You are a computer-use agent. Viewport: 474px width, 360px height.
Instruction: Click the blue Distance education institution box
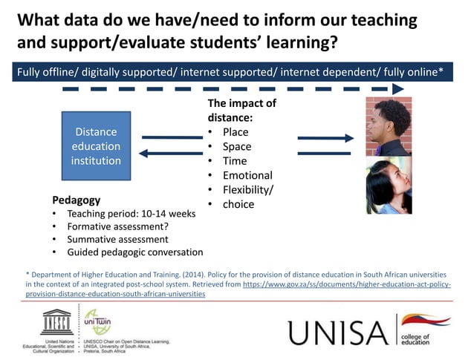coord(96,146)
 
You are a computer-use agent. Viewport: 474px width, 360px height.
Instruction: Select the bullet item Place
coord(236,132)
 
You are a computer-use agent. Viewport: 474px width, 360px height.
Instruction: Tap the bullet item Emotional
coord(247,175)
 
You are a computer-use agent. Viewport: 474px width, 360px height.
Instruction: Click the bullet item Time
coord(235,161)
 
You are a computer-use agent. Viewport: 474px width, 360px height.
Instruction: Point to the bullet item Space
coord(237,146)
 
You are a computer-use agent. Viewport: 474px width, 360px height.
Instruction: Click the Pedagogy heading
coord(77,200)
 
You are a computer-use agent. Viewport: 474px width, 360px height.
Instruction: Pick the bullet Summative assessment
coord(117,239)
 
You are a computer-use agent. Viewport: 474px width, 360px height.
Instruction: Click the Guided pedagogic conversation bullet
coord(134,252)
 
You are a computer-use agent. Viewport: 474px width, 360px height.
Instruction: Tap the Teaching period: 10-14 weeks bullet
coord(131,213)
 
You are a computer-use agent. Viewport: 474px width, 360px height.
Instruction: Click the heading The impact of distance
coord(241,110)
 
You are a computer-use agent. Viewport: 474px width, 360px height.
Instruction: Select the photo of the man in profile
coord(388,126)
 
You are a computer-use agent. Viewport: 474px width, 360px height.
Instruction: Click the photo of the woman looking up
coord(388,187)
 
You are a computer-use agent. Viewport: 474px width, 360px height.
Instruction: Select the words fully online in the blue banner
coord(417,71)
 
